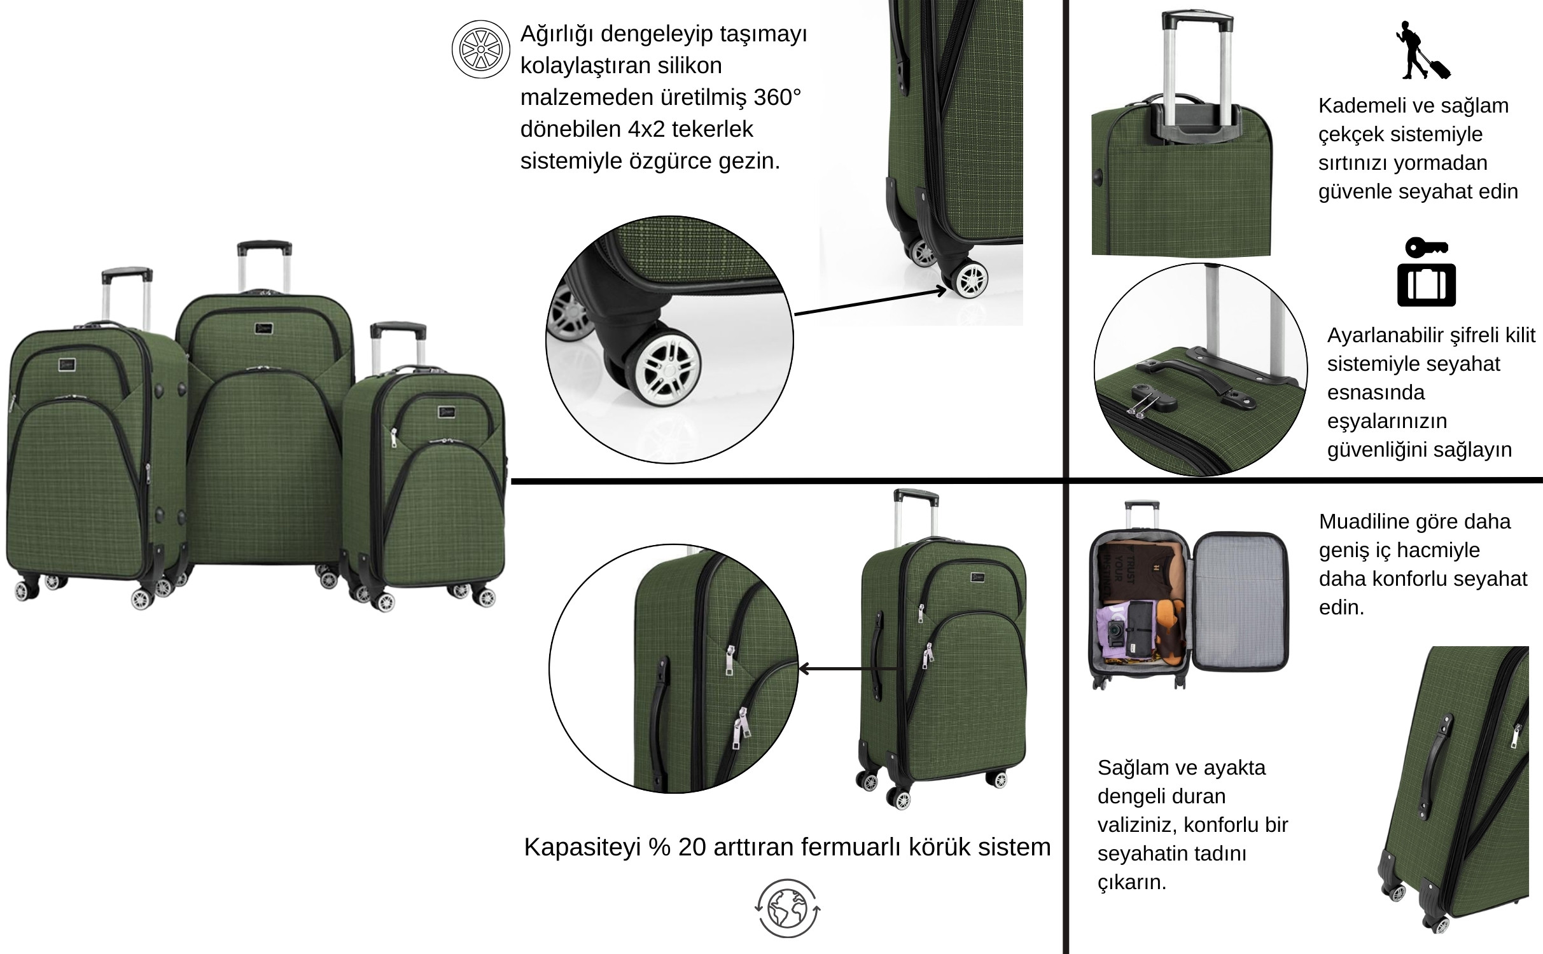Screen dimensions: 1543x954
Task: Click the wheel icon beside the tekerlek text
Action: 480,50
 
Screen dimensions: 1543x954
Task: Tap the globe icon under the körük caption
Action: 787,908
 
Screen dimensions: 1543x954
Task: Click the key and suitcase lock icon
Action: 1426,272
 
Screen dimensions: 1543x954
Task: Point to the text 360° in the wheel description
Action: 777,97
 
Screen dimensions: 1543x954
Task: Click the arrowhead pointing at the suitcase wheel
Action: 941,291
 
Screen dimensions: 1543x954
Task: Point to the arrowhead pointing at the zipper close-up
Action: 804,668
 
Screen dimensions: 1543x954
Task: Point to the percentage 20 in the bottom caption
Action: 692,847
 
